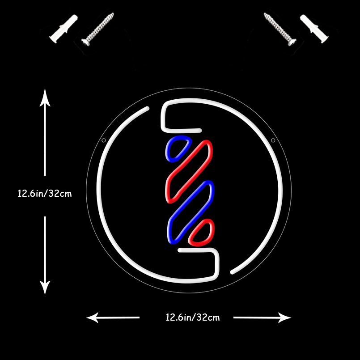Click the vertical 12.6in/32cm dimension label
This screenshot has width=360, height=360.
(45, 194)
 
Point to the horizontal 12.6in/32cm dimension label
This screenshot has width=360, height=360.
(193, 318)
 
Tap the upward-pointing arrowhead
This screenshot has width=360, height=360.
(45, 96)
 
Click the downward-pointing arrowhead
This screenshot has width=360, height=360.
(45, 288)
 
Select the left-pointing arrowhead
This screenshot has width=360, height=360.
(93, 318)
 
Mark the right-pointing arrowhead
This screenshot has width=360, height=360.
(285, 318)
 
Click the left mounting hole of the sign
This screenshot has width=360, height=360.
(104, 140)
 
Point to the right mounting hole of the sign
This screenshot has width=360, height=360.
(273, 140)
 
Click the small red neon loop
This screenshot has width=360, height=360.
(202, 232)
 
